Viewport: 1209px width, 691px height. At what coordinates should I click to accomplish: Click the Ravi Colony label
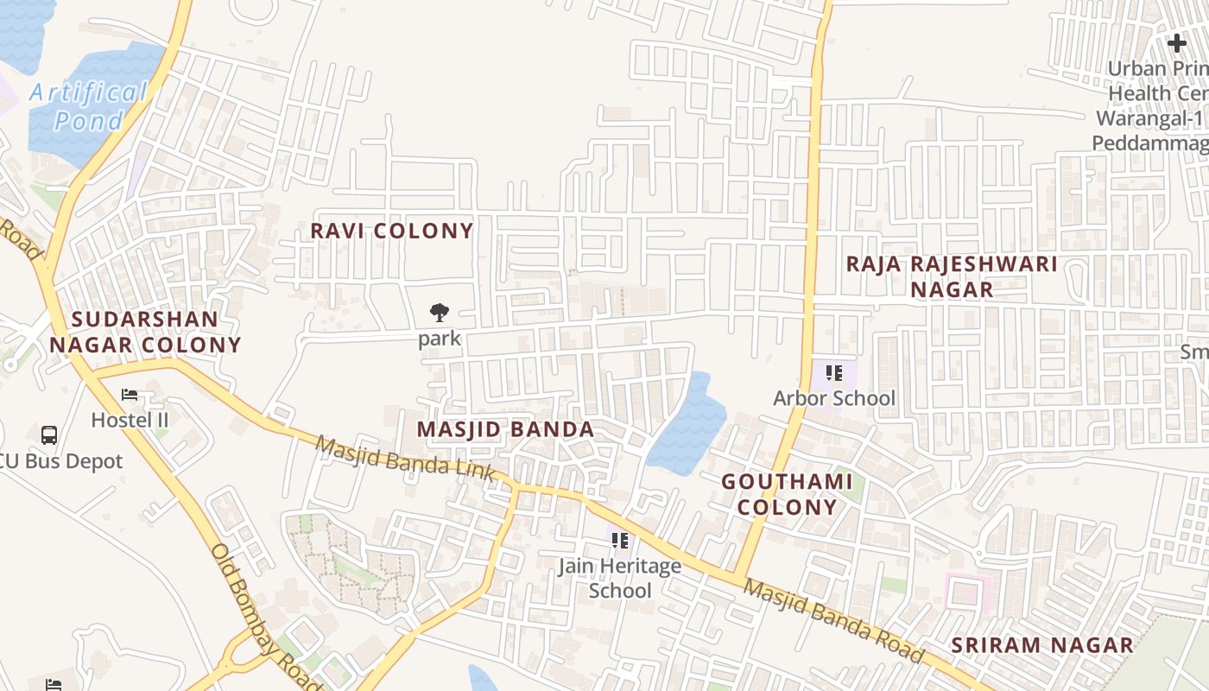point(392,231)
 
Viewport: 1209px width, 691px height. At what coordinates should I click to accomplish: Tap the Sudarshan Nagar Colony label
point(145,332)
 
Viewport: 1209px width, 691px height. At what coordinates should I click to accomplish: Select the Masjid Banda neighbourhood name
point(505,429)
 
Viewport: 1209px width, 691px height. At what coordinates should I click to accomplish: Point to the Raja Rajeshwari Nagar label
point(952,276)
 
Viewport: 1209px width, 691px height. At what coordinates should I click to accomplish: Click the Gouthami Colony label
point(787,494)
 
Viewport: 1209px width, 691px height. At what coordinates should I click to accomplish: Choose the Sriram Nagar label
point(1042,645)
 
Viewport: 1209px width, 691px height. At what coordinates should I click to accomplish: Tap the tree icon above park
point(440,313)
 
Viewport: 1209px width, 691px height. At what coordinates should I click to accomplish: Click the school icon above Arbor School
point(833,373)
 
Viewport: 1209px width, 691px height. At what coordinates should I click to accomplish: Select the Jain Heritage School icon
point(619,541)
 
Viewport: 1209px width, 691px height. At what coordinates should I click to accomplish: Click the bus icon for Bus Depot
point(49,434)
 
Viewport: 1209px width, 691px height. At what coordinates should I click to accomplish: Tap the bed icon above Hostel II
point(130,395)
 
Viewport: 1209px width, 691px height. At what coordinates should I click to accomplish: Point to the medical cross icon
point(1176,42)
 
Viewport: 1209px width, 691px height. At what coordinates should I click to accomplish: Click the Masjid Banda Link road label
point(404,459)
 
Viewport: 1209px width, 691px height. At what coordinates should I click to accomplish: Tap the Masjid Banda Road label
point(833,620)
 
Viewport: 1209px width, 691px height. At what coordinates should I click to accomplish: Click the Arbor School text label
point(834,398)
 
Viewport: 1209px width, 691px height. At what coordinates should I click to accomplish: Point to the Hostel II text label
point(130,420)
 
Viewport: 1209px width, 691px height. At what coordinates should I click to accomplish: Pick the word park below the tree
point(440,338)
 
